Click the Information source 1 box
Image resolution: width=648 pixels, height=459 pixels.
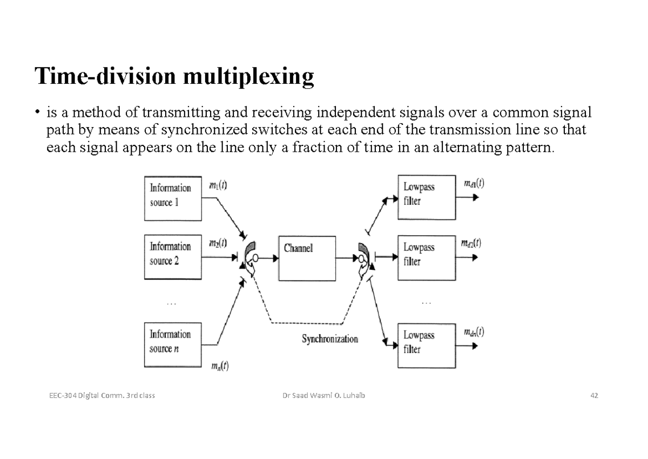pyautogui.click(x=174, y=197)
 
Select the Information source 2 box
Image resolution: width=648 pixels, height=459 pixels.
pyautogui.click(x=174, y=256)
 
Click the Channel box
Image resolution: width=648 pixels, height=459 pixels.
pyautogui.click(x=307, y=257)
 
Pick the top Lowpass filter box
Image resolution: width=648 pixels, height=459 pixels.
pyautogui.click(x=424, y=197)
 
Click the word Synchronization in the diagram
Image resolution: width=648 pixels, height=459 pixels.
pyautogui.click(x=329, y=340)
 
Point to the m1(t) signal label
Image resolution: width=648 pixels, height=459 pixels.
pyautogui.click(x=218, y=185)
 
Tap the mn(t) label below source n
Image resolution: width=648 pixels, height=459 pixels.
pyautogui.click(x=219, y=366)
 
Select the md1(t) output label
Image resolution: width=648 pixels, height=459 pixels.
pyautogui.click(x=474, y=183)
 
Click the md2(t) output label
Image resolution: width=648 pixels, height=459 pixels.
pyautogui.click(x=470, y=243)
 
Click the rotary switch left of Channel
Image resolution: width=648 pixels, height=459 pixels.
pyautogui.click(x=251, y=257)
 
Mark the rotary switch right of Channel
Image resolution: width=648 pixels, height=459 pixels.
pyautogui.click(x=363, y=257)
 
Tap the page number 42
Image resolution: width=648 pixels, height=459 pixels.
pyautogui.click(x=594, y=396)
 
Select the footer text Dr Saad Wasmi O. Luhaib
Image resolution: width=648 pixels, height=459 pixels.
pyautogui.click(x=324, y=396)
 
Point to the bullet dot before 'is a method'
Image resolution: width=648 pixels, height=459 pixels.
pyautogui.click(x=38, y=112)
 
